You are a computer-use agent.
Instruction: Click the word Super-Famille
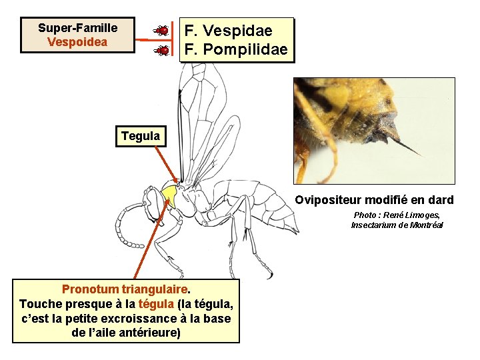(x=77, y=28)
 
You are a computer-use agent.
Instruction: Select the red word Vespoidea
(x=77, y=41)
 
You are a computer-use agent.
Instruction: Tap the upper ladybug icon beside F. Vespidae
(x=161, y=30)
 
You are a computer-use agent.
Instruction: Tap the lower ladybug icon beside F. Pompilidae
(x=161, y=50)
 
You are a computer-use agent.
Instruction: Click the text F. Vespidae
(x=228, y=31)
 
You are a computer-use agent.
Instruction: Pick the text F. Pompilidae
(x=236, y=49)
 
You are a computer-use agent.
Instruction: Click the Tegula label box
(x=140, y=137)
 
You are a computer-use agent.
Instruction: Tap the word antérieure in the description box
(x=148, y=332)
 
